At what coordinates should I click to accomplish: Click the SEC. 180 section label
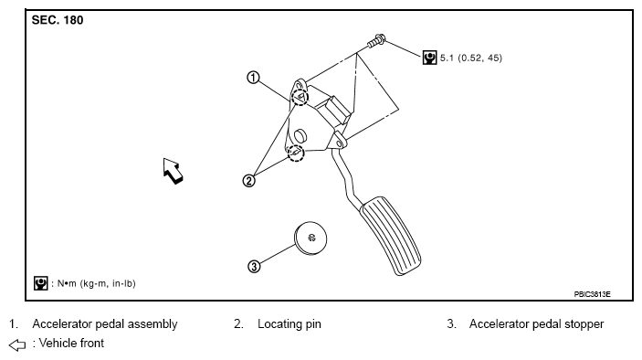click(x=58, y=20)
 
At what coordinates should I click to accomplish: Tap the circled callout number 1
click(x=254, y=78)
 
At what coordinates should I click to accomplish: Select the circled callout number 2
click(x=248, y=181)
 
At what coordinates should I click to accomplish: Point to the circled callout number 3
click(x=254, y=267)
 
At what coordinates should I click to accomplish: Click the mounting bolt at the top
click(x=376, y=41)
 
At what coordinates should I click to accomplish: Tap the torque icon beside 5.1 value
click(x=429, y=58)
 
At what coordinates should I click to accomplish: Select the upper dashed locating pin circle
click(x=300, y=97)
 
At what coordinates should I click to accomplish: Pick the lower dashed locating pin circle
click(x=296, y=154)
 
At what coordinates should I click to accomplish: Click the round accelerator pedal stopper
click(x=310, y=238)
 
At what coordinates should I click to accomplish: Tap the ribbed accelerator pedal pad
click(x=390, y=236)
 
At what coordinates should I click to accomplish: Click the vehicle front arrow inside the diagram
click(x=173, y=171)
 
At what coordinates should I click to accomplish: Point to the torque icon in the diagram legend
click(x=40, y=283)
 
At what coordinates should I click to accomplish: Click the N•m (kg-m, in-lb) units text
click(x=97, y=283)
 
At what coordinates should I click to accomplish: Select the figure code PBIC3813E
click(x=592, y=294)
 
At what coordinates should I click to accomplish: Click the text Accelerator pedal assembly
click(x=105, y=324)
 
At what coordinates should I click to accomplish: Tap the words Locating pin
click(x=289, y=324)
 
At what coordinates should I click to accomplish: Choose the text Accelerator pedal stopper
click(x=536, y=324)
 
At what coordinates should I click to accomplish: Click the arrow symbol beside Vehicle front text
click(x=17, y=344)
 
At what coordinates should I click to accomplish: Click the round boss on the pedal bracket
click(x=300, y=135)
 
